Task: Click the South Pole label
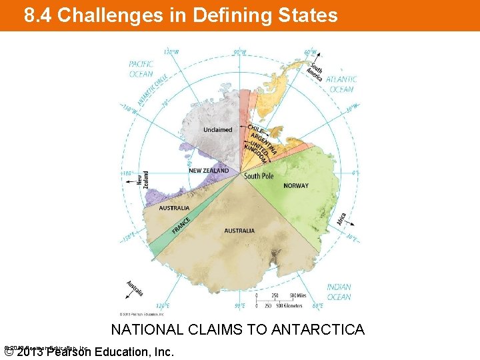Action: click(x=259, y=176)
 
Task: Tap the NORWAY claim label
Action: click(x=296, y=185)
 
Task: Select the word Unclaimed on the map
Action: click(x=218, y=129)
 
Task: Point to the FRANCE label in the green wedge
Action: click(x=181, y=225)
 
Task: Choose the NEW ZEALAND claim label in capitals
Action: click(x=209, y=171)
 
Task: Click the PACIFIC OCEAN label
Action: click(x=141, y=69)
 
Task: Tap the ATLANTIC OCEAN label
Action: click(x=342, y=84)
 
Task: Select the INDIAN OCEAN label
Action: click(x=339, y=292)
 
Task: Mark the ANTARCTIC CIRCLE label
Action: click(x=153, y=90)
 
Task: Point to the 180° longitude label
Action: click(x=127, y=172)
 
